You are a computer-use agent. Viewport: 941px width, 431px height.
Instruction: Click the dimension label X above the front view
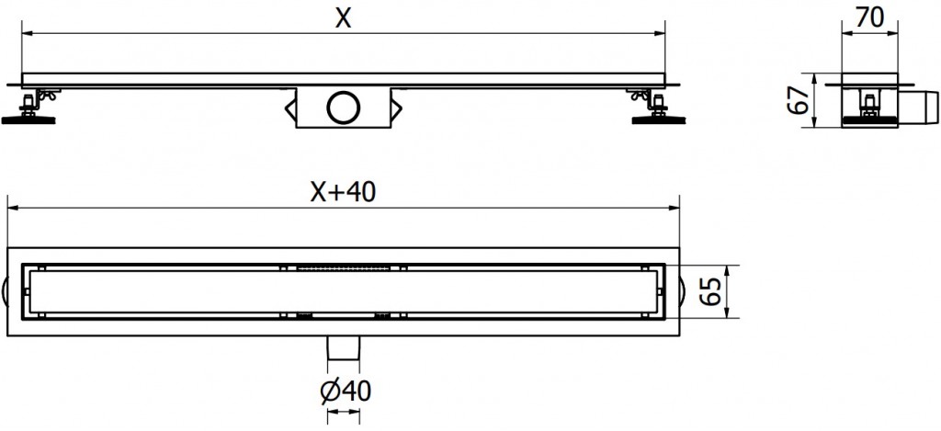tap(343, 17)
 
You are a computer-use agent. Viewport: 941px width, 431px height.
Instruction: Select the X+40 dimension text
tap(342, 192)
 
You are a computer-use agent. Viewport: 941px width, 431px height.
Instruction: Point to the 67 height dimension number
tap(799, 99)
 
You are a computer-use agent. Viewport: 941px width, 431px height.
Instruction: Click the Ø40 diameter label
tap(342, 391)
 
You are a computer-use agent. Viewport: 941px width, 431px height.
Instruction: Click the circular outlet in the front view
tap(343, 108)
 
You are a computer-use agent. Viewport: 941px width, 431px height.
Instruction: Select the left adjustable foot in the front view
tap(33, 107)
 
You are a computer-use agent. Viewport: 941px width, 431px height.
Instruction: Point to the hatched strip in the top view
tap(343, 267)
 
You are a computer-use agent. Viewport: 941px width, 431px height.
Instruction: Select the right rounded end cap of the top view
tap(682, 292)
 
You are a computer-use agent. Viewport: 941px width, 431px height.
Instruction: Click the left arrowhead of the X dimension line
tap(27, 34)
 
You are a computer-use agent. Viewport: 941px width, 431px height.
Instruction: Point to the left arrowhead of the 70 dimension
tap(847, 34)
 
